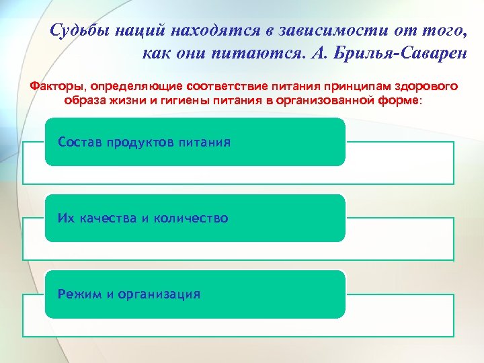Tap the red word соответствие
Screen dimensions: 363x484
click(x=227, y=87)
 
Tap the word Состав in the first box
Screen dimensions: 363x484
click(x=79, y=143)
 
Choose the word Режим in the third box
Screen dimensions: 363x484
click(x=77, y=294)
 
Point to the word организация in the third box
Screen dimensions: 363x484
click(x=158, y=294)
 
